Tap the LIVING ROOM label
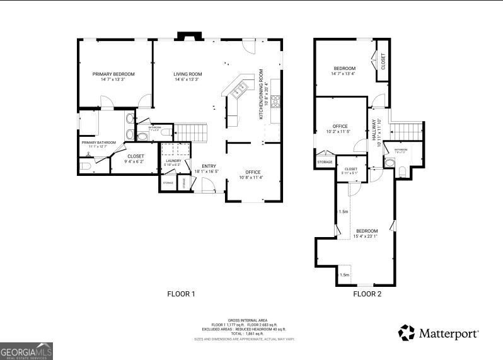(x=187, y=74)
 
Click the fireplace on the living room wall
(x=187, y=37)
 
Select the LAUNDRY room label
(x=173, y=161)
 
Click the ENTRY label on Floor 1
(x=209, y=166)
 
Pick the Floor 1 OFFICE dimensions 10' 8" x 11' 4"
(x=253, y=178)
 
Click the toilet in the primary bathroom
(x=86, y=166)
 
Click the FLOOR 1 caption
(x=181, y=294)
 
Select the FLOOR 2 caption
(x=367, y=294)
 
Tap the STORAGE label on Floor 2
(x=325, y=162)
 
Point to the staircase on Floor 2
(x=407, y=132)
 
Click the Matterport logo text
(x=448, y=332)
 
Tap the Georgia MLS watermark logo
(x=26, y=351)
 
